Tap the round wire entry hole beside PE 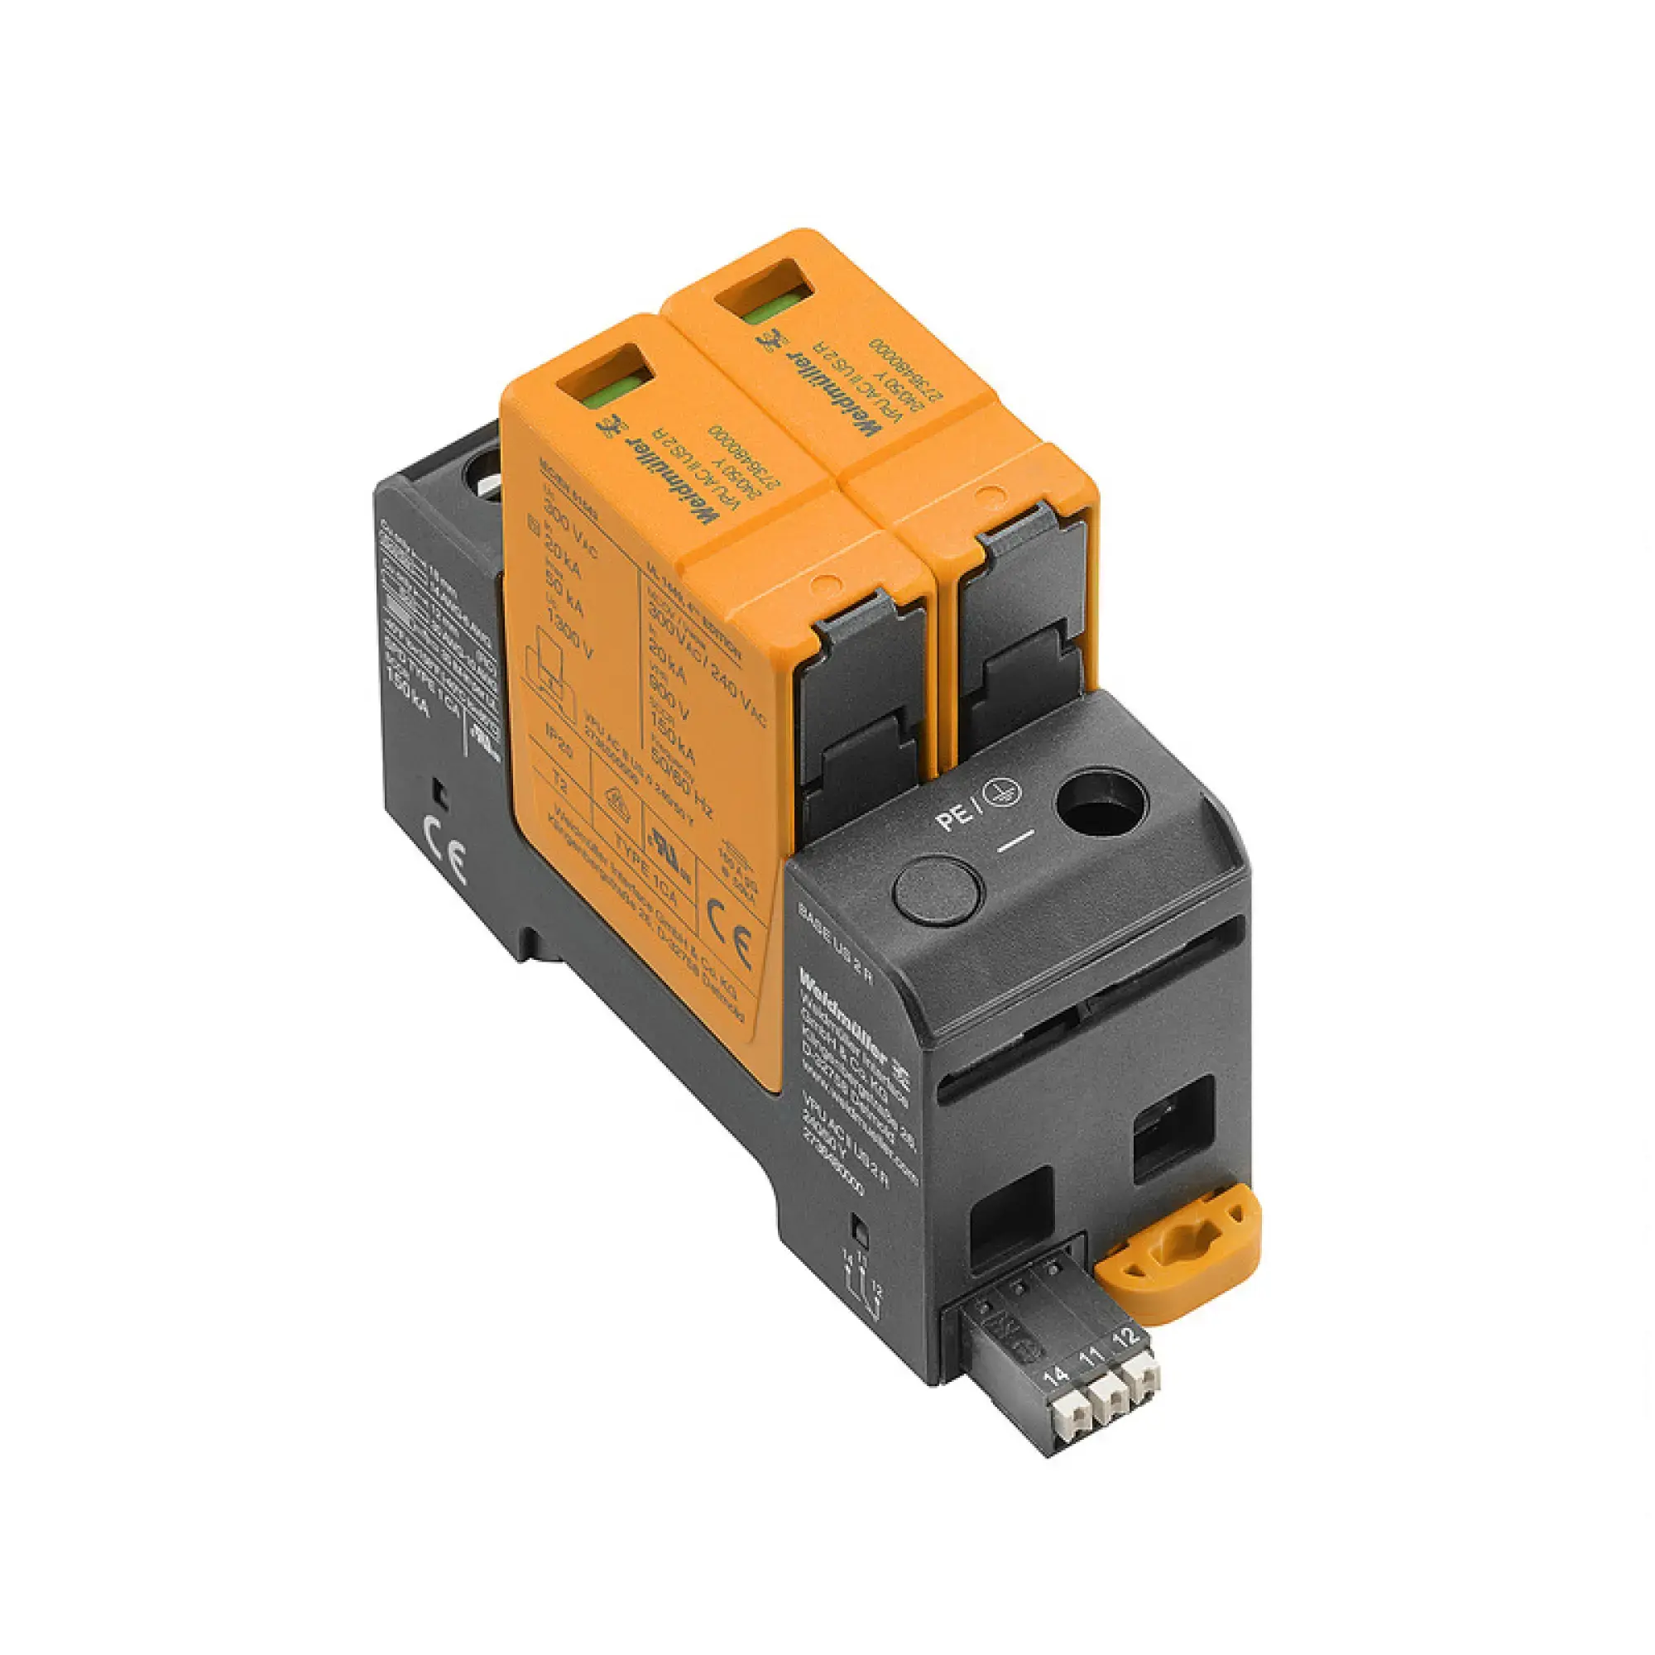pyautogui.click(x=1100, y=802)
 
